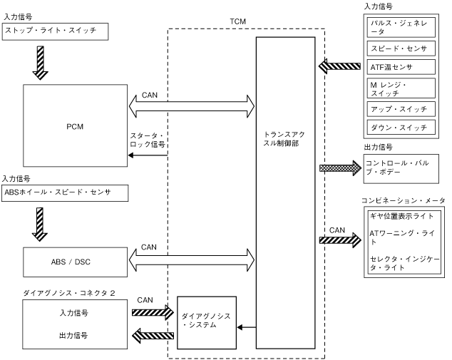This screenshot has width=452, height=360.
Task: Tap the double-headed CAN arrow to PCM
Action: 191,107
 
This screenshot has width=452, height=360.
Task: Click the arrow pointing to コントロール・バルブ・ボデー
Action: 341,168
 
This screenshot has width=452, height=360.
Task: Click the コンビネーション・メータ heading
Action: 404,201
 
